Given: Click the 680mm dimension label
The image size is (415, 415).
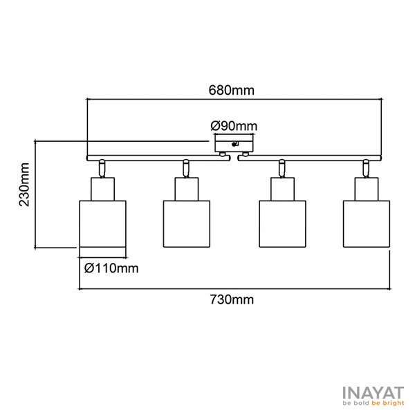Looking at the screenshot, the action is (x=231, y=90).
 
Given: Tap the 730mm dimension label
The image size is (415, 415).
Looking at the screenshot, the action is (x=232, y=299).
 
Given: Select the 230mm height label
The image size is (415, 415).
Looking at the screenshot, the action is (x=24, y=185).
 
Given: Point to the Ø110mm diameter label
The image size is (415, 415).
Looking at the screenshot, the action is (x=111, y=268).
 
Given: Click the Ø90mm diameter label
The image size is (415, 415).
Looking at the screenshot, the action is (x=234, y=126).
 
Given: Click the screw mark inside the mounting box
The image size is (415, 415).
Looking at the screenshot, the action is (x=234, y=144).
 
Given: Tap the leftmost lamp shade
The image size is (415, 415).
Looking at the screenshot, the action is (x=102, y=224).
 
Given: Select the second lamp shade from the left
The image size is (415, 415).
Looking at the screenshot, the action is (x=187, y=224).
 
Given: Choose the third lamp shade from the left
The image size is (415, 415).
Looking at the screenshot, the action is (x=282, y=224).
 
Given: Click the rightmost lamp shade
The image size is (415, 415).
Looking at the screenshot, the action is (x=367, y=224).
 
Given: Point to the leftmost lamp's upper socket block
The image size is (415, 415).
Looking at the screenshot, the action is (x=102, y=189).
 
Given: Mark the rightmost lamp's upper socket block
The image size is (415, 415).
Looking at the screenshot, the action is (x=367, y=189).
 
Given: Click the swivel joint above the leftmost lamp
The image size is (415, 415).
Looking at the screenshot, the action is (x=102, y=168).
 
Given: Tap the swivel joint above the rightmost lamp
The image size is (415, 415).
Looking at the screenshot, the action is (x=365, y=168).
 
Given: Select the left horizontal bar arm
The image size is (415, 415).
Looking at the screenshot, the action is (x=158, y=158).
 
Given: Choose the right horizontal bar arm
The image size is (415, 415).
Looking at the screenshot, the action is (x=310, y=158).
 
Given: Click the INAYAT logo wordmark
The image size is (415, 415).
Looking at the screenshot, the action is (x=373, y=393).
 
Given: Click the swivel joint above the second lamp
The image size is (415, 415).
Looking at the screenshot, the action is (x=186, y=168).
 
